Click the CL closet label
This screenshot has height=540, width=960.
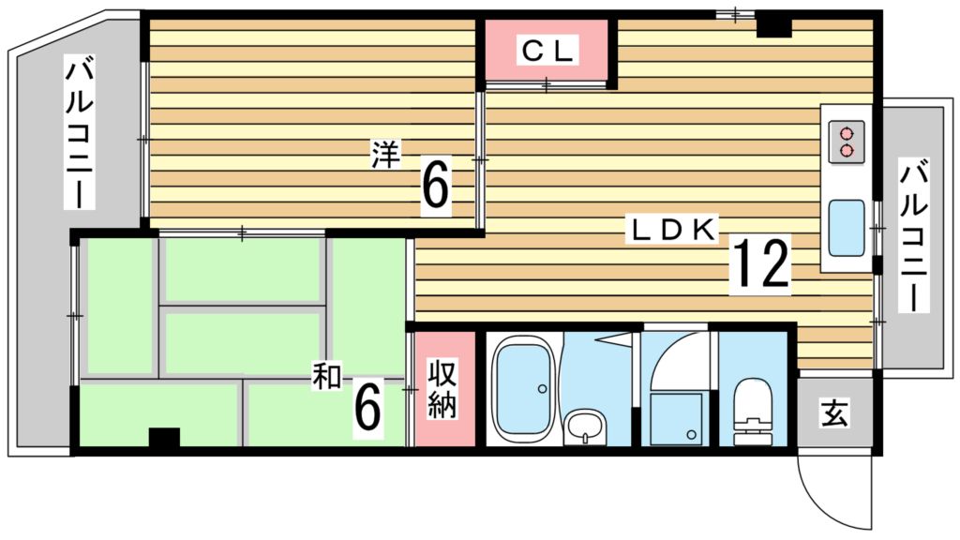547,52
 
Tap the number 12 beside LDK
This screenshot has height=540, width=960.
760,264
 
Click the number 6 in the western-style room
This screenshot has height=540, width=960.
435,187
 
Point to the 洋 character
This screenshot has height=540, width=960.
384,154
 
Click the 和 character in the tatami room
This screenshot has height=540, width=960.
326,378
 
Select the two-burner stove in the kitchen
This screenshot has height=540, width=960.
847,142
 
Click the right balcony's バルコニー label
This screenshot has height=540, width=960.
915,235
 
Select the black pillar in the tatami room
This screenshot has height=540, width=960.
164,437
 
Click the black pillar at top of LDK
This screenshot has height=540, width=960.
773,26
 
